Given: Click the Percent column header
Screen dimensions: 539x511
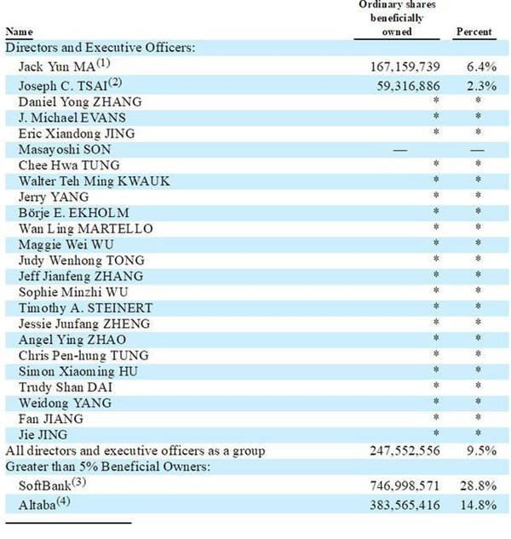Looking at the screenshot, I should coord(474,32).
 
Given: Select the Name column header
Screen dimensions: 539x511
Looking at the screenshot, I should coord(20,32).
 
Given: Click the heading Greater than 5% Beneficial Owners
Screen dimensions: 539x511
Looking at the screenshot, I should coord(116,467).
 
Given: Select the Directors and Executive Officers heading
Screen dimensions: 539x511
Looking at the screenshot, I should coord(100,48).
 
